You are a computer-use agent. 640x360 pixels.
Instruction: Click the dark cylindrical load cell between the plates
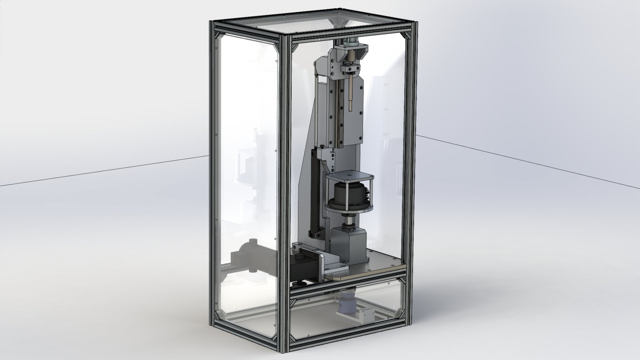tap(347, 193)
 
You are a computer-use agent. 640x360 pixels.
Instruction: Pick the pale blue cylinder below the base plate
tap(347, 302)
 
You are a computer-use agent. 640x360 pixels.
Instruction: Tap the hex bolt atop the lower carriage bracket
tap(323, 147)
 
